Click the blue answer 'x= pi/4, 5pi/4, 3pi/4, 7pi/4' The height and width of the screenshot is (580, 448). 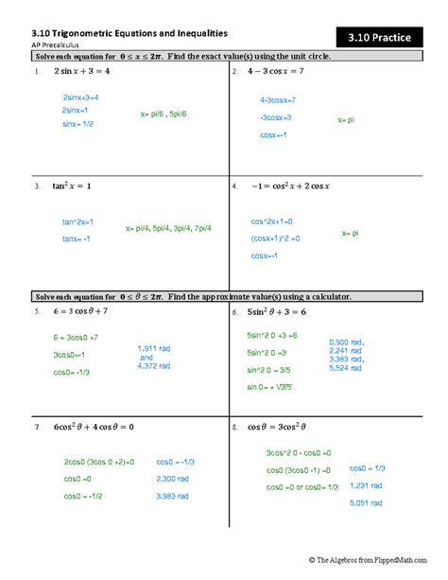pyautogui.click(x=168, y=228)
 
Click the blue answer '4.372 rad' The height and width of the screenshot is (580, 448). pyautogui.click(x=154, y=366)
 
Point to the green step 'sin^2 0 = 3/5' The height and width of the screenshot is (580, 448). pyautogui.click(x=270, y=370)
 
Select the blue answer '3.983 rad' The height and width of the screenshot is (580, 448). pyautogui.click(x=173, y=496)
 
